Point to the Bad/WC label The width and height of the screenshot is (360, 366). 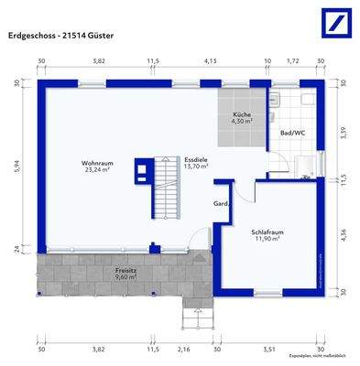292,133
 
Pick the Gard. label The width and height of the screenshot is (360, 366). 220,203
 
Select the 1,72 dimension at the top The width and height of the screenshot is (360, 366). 293,61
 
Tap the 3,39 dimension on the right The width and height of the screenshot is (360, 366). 343,133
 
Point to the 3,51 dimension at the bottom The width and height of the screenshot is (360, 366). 269,349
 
